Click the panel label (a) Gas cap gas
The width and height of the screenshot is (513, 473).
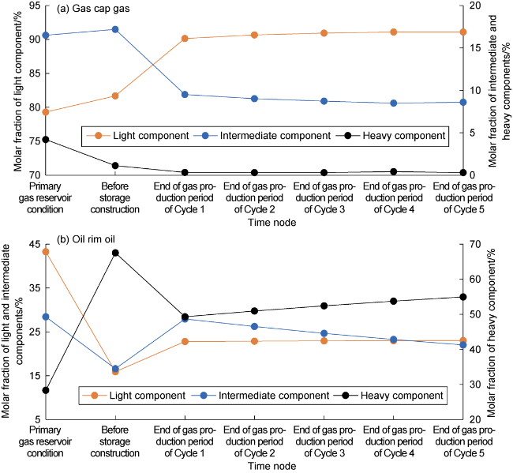(x=94, y=9)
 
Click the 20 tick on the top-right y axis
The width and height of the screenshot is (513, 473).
(x=471, y=6)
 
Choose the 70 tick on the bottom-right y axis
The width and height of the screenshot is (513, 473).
(x=471, y=244)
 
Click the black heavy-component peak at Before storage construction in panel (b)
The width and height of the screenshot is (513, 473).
(x=115, y=253)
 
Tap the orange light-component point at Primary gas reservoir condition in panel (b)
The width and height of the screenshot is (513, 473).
(x=46, y=252)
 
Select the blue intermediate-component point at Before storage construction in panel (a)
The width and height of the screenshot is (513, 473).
(x=115, y=29)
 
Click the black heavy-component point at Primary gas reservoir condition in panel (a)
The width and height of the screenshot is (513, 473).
(x=46, y=139)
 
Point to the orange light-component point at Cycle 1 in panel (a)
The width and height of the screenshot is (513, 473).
(x=185, y=38)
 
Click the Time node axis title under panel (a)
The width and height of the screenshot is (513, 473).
(x=254, y=223)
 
